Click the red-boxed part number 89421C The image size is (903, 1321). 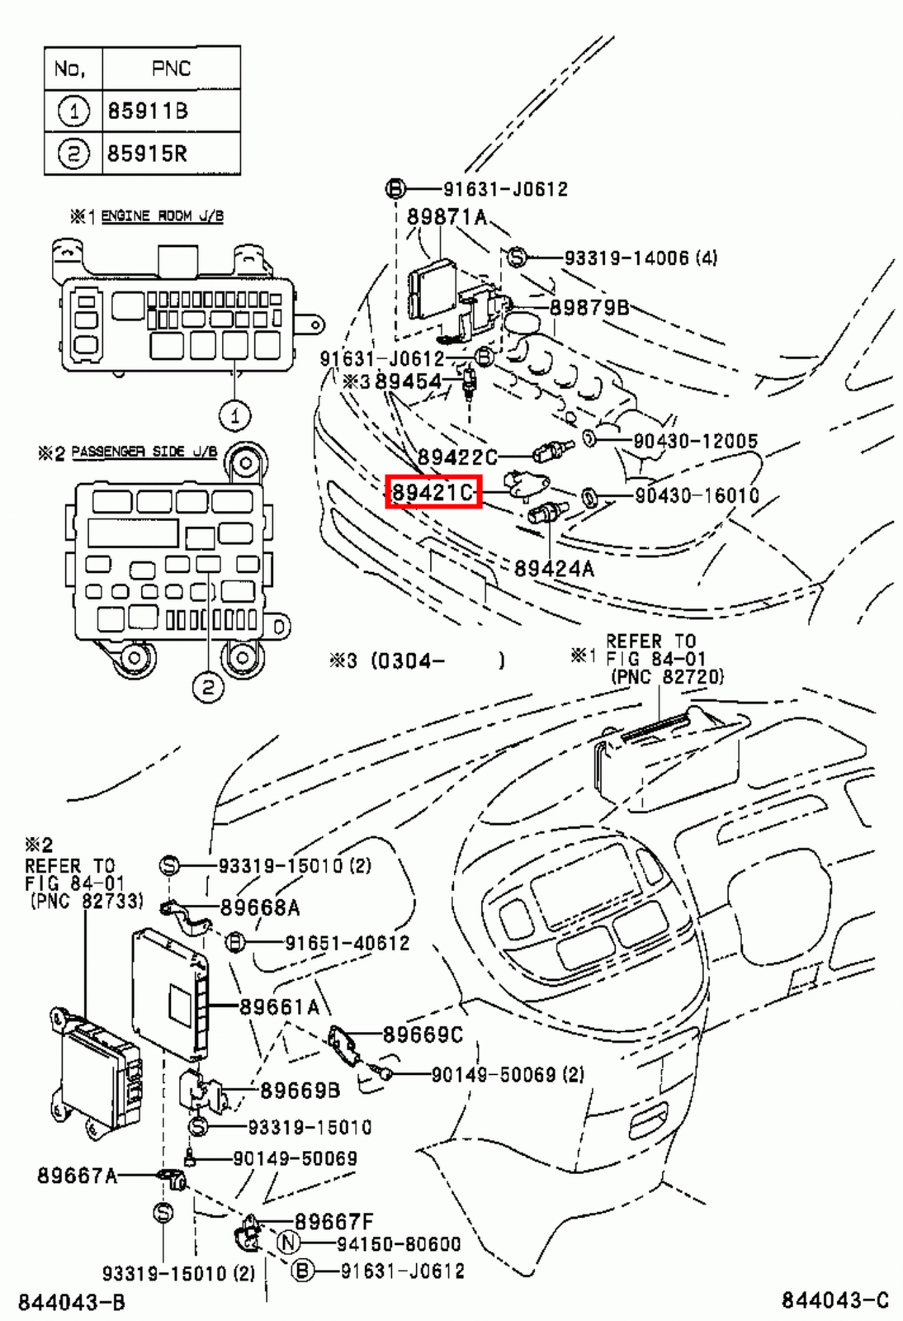click(433, 493)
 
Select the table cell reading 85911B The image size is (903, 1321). click(148, 111)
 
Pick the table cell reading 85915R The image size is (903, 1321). click(148, 154)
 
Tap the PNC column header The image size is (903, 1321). click(171, 69)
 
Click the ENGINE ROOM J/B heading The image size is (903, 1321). click(162, 215)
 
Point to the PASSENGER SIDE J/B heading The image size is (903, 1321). click(144, 452)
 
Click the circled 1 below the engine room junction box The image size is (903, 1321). click(235, 415)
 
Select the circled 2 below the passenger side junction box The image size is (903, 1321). click(208, 686)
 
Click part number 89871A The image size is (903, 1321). click(447, 217)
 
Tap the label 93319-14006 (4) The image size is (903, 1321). click(641, 258)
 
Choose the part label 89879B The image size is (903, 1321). click(589, 307)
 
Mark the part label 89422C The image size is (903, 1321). click(457, 457)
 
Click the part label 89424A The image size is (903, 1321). click(554, 568)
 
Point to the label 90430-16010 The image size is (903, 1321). click(697, 495)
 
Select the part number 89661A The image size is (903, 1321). click(279, 1006)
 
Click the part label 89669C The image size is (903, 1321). click(423, 1035)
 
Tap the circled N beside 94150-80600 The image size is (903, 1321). click(287, 1243)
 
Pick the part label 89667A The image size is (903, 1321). click(77, 1175)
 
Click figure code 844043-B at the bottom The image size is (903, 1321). click(72, 1302)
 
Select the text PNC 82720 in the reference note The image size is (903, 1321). click(667, 676)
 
